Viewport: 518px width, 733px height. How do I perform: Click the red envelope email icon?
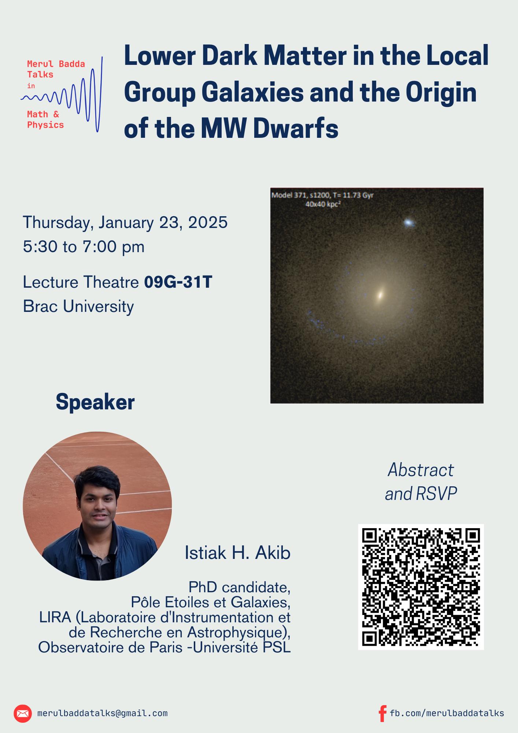click(23, 713)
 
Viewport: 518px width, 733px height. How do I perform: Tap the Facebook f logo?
click(382, 713)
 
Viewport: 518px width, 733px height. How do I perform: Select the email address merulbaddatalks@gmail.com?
click(102, 713)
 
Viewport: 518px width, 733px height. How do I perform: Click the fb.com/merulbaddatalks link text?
click(447, 713)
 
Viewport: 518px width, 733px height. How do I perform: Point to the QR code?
click(421, 587)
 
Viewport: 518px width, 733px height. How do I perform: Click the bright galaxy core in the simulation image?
click(381, 294)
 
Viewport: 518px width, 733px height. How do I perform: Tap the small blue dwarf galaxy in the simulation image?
click(409, 222)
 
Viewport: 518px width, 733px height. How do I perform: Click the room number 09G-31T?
click(178, 282)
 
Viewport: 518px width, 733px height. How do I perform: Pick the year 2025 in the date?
click(208, 222)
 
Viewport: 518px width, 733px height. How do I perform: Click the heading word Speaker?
click(95, 402)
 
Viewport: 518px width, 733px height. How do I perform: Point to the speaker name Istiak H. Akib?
click(237, 553)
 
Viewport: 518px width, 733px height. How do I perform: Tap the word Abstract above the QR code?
click(421, 470)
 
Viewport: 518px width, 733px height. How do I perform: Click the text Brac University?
click(78, 306)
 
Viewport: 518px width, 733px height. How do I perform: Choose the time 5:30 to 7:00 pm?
click(84, 247)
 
